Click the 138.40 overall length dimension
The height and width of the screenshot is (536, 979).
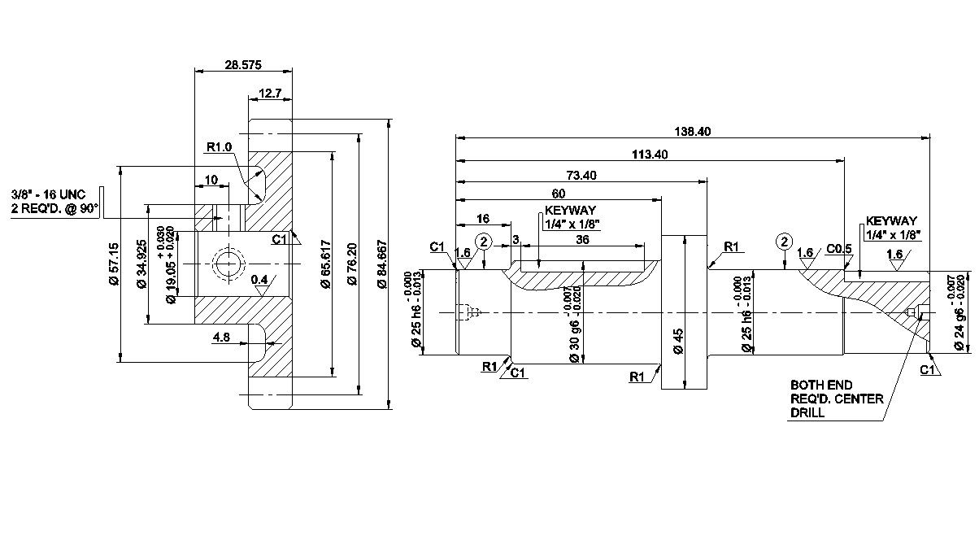pos(693,130)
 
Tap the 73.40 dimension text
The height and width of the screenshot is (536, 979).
pos(581,175)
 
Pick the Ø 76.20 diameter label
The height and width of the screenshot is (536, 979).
pos(352,264)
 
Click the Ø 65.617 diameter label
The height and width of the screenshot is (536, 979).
pos(324,264)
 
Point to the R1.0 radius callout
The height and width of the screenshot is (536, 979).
pos(220,147)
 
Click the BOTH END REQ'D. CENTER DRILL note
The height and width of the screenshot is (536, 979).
pos(825,399)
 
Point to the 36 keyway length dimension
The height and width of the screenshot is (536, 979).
pos(582,240)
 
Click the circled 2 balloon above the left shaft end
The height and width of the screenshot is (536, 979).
pos(484,242)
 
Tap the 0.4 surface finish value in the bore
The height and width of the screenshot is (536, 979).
pos(260,281)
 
